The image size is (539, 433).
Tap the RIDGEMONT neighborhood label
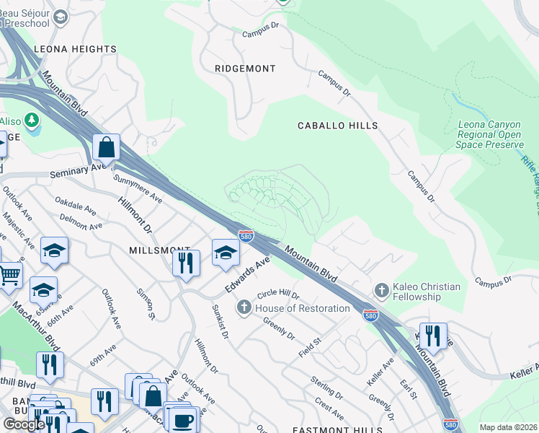245,69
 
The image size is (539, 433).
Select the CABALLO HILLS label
338,126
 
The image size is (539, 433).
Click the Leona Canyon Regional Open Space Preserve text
490,134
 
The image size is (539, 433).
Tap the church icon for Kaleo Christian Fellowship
382,291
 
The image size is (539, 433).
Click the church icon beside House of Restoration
244,308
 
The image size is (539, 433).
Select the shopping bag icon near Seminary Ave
106,147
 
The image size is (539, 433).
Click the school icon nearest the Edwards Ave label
226,252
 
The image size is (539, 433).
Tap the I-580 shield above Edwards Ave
246,236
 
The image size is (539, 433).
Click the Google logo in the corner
24,424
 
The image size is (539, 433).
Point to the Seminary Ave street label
78,171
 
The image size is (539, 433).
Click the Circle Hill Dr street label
277,295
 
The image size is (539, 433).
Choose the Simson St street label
146,304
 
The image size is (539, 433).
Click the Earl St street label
408,388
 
